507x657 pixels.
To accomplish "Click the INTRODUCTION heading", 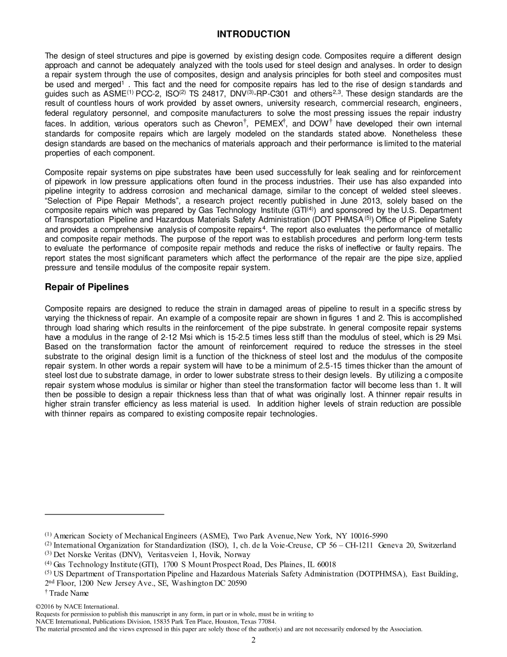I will click(x=253, y=34).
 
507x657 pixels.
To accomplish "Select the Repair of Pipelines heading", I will click(x=86, y=287).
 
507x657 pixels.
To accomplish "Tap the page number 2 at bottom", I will click(x=253, y=640).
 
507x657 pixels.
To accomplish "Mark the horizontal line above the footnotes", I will click(x=105, y=514).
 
